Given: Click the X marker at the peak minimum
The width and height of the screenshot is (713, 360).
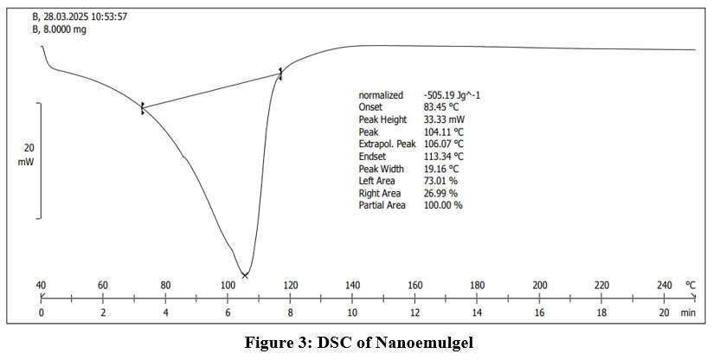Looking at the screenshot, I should [x=245, y=275].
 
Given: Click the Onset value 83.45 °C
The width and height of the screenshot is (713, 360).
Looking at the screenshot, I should [x=443, y=106].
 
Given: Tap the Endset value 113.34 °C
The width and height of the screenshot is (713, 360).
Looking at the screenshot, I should [x=445, y=156].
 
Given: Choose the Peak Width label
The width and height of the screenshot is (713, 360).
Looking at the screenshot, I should [x=382, y=168].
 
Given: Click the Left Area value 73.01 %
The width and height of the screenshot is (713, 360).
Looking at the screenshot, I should [x=440, y=180].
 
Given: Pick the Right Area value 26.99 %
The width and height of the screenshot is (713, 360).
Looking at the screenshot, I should [x=440, y=193].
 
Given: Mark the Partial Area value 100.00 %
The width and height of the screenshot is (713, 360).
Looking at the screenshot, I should [x=443, y=205].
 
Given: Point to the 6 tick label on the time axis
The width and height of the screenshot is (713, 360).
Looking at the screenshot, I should [x=228, y=312].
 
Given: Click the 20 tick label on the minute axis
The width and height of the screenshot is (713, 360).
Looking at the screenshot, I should [x=665, y=312].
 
